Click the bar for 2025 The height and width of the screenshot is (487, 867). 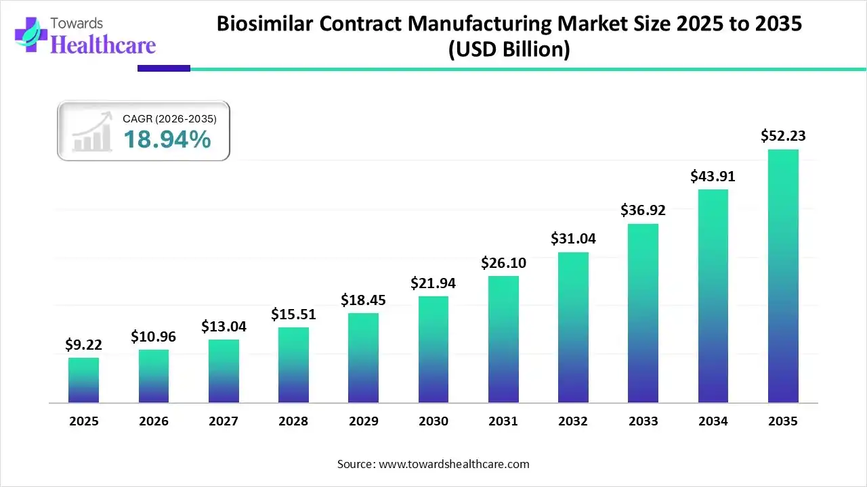coord(83,380)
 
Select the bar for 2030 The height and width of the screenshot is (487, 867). coord(433,350)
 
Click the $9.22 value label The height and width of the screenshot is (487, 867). coord(83,345)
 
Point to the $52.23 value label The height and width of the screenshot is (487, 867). coord(783,136)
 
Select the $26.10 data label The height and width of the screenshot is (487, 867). coord(503,262)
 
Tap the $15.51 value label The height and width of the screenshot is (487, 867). coord(293,314)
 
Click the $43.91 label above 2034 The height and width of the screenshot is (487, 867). coord(713,176)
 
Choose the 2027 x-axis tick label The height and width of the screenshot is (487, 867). coord(224,421)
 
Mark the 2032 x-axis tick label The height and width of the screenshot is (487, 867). coord(573,421)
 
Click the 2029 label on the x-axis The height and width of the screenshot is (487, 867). coord(363,421)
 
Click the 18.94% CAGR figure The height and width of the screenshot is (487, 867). coord(167,140)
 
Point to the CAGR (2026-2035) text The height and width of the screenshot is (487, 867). coord(169,119)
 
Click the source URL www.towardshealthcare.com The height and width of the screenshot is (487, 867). coord(452,464)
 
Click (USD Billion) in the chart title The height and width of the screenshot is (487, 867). coord(509,50)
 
